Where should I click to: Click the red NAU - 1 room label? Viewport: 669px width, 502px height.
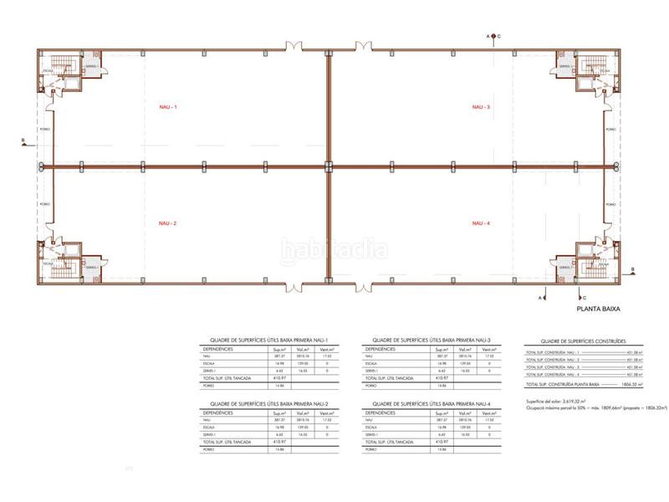point(170,107)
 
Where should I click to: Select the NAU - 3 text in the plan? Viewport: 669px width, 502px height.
point(482,107)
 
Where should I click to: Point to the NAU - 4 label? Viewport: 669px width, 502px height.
point(482,223)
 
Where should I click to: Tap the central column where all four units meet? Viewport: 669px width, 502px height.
point(329,166)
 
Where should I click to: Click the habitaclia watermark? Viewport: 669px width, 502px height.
point(334,248)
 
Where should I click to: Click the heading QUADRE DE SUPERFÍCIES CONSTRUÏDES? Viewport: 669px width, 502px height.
point(582,341)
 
